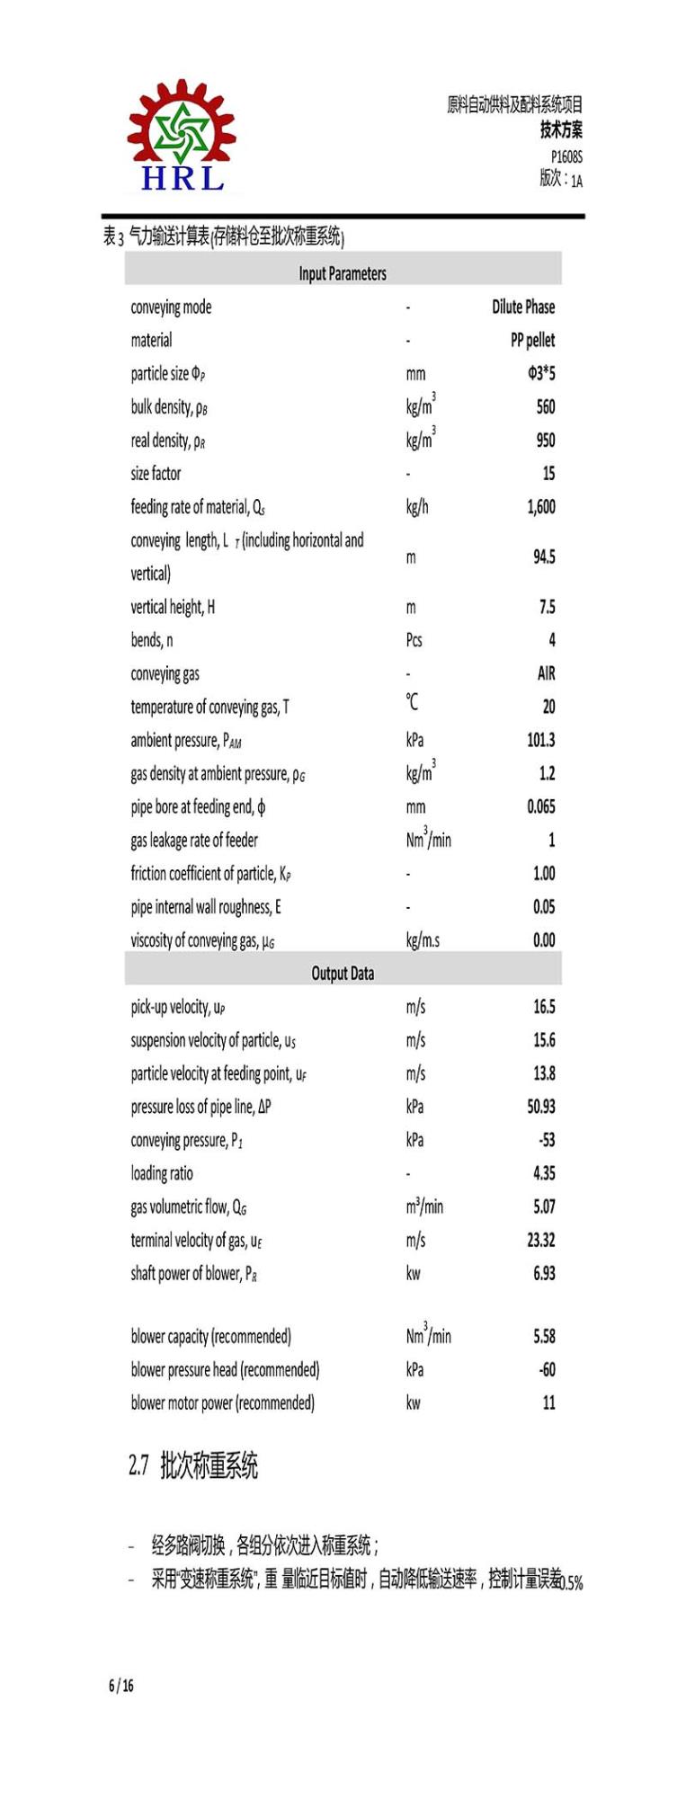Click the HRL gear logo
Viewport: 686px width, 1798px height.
tap(182, 137)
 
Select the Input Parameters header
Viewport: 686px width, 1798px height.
tap(343, 273)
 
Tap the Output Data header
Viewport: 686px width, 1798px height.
tap(343, 973)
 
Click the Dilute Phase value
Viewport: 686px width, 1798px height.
tap(523, 307)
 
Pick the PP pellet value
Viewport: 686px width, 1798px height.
tap(532, 340)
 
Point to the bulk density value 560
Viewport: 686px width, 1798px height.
tap(545, 406)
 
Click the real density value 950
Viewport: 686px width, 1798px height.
tap(545, 440)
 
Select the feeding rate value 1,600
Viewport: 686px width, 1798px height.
tap(540, 507)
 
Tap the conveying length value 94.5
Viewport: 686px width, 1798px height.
tap(544, 556)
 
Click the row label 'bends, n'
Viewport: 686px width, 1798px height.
tap(152, 640)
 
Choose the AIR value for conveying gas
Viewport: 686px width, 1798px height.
tap(546, 673)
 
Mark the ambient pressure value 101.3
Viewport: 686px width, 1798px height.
tap(540, 740)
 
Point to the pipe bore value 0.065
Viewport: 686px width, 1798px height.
tap(540, 806)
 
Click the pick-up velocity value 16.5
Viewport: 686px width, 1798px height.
tap(544, 1006)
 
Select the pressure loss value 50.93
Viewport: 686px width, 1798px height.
tap(540, 1106)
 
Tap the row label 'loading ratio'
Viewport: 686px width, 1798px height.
tap(162, 1173)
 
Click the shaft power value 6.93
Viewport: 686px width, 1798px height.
tap(544, 1273)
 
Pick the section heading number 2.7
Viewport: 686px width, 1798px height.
tap(138, 1466)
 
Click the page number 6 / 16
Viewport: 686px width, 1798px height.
tap(121, 1686)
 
